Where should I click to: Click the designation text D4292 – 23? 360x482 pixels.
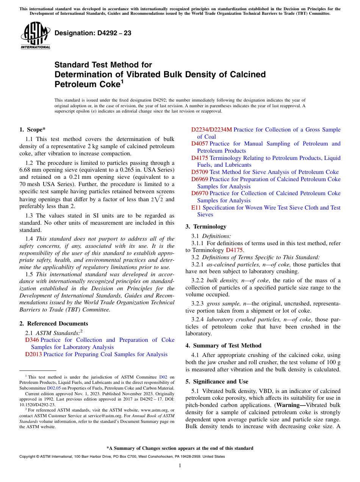(93, 33)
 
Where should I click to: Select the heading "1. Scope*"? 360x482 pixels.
(33, 130)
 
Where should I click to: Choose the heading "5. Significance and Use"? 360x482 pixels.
(217, 382)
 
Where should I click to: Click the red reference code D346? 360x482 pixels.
(32, 340)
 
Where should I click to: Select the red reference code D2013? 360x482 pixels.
(33, 354)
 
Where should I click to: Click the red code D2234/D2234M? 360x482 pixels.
(211, 130)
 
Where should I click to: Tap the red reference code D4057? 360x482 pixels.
(199, 144)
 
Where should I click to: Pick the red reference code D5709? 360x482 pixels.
(199, 172)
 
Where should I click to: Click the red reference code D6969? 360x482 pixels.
(199, 179)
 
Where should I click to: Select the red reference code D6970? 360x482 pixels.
(199, 193)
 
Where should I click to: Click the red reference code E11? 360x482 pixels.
(196, 208)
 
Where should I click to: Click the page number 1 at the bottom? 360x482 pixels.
(180, 465)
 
